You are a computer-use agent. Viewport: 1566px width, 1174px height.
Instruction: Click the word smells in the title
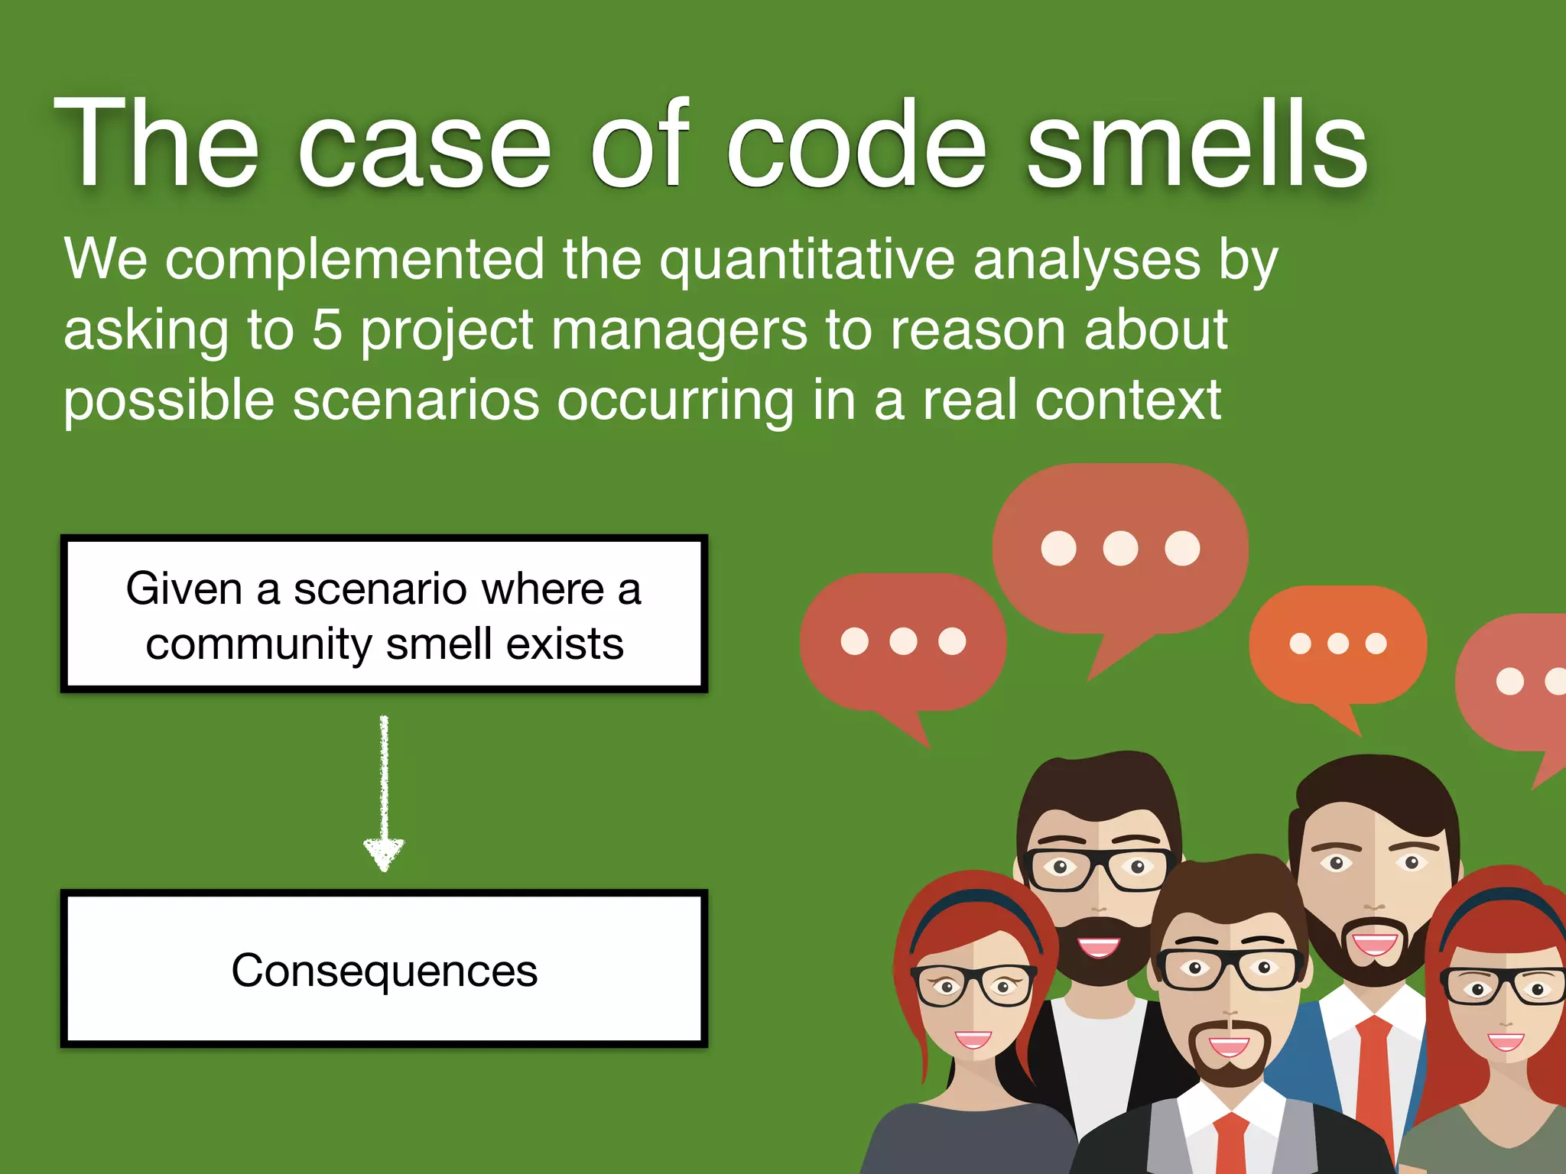[x=1197, y=145]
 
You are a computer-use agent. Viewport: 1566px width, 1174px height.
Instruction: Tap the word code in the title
[x=856, y=145]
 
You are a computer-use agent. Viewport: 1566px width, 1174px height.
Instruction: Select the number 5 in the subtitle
[x=327, y=330]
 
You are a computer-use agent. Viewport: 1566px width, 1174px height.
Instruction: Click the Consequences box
[x=385, y=969]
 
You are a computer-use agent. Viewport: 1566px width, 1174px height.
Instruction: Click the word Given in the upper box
[x=184, y=589]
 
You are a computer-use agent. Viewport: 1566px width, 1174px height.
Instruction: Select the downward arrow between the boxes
[x=384, y=795]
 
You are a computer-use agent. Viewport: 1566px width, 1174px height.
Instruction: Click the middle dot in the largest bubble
[x=1120, y=548]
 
